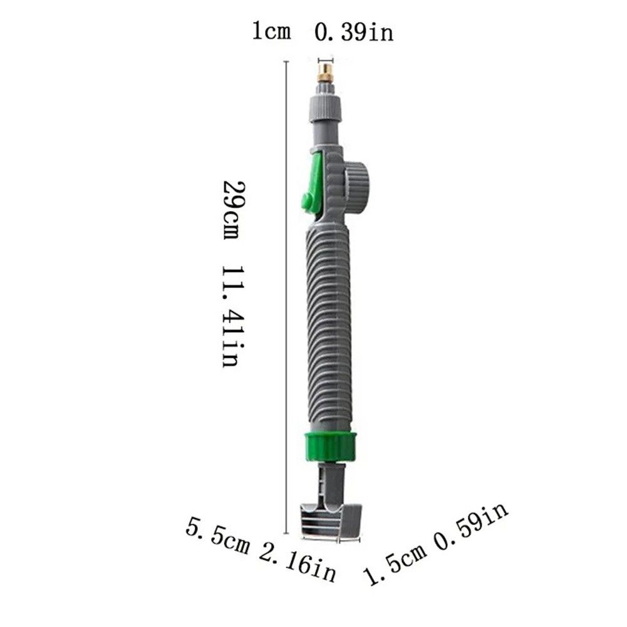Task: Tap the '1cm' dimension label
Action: coord(271,31)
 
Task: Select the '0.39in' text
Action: coord(354,32)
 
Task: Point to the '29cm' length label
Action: coord(232,210)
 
